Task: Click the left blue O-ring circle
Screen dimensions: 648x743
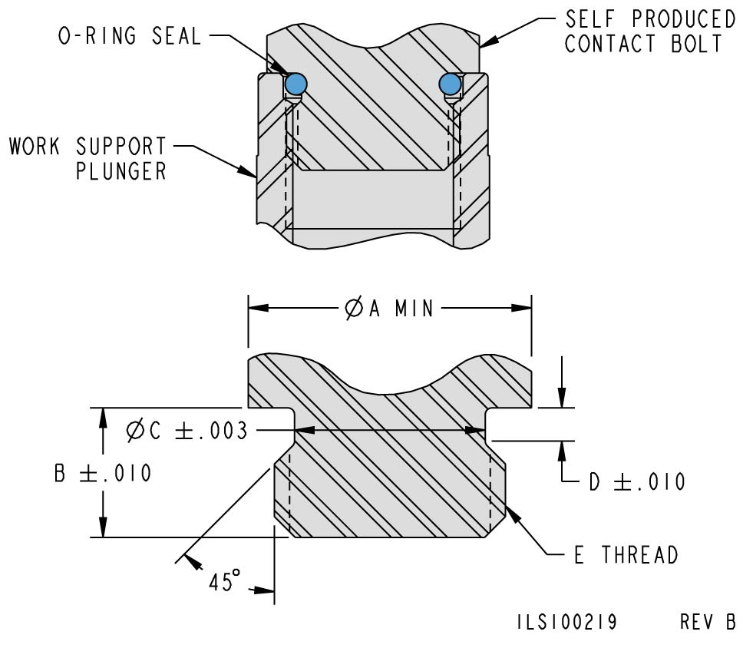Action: click(296, 82)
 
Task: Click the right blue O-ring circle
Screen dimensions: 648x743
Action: click(451, 83)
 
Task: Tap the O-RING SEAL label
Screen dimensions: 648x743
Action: click(130, 36)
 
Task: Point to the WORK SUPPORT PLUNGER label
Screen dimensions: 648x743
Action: click(88, 157)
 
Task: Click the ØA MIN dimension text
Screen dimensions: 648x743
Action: click(390, 309)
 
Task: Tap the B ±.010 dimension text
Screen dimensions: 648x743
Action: click(103, 473)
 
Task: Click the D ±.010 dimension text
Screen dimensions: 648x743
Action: click(636, 481)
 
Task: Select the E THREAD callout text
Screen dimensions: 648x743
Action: click(626, 554)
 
